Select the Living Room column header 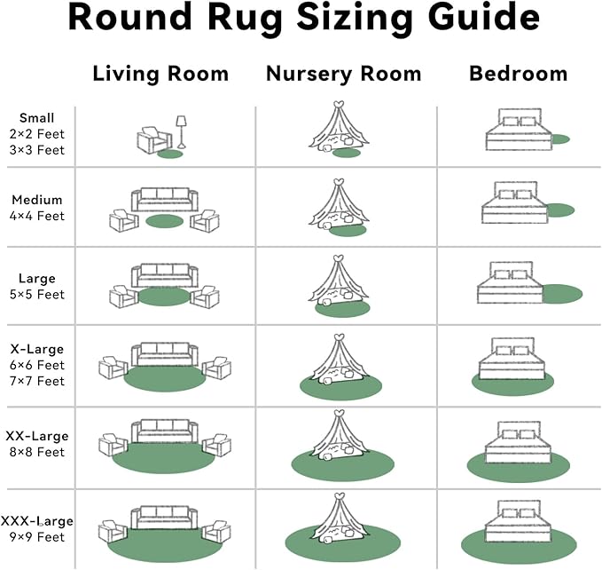click(x=160, y=74)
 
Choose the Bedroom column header click(x=518, y=74)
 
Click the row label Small click(x=36, y=118)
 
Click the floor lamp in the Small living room click(x=181, y=131)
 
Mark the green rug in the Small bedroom click(x=559, y=139)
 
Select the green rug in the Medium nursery click(x=347, y=230)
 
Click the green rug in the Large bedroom click(x=560, y=293)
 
